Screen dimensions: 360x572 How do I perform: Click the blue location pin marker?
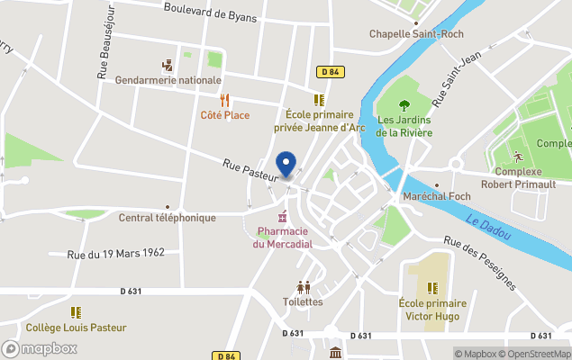click(x=286, y=165)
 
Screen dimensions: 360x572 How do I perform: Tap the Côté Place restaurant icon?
click(x=225, y=101)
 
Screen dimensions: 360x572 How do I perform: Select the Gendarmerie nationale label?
click(x=168, y=80)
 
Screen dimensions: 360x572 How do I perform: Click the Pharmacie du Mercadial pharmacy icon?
click(x=283, y=217)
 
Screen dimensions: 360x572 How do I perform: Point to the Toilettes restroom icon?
click(x=303, y=287)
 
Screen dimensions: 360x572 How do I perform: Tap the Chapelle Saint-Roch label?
click(x=416, y=34)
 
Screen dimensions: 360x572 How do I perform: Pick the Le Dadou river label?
click(x=488, y=229)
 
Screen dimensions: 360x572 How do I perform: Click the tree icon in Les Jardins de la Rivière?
click(x=404, y=103)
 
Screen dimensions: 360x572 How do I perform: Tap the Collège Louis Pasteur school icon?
click(x=76, y=312)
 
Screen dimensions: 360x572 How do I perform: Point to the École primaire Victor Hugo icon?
click(x=432, y=288)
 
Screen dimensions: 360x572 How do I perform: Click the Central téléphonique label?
click(x=168, y=218)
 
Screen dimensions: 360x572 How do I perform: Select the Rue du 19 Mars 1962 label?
click(x=116, y=253)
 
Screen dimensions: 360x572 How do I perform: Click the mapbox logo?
click(x=40, y=348)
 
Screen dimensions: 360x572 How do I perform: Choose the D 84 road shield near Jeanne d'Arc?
click(x=329, y=70)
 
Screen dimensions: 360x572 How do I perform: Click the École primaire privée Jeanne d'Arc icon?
click(x=317, y=100)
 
